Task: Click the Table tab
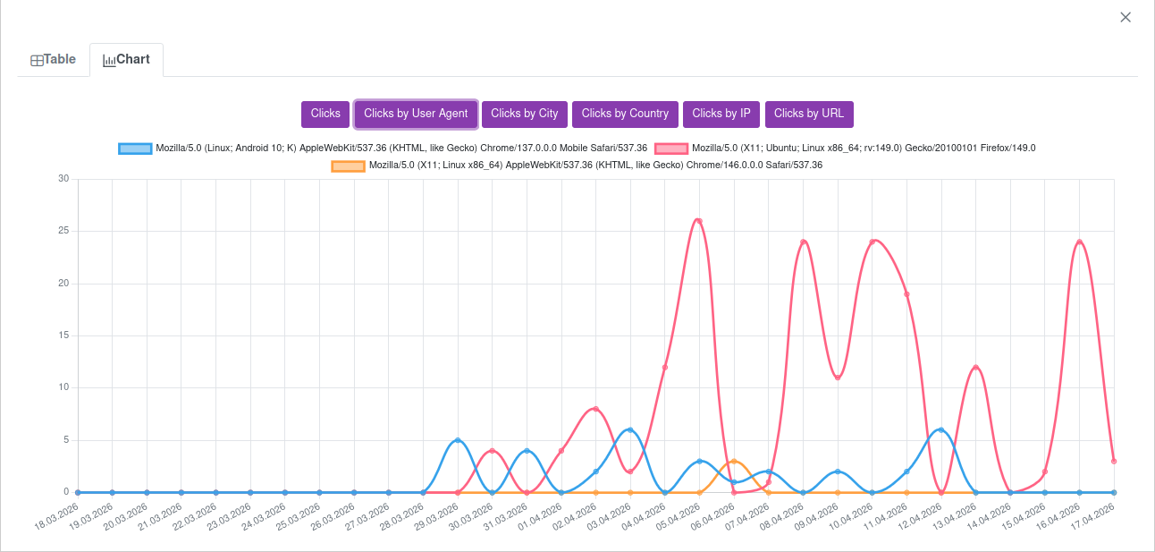[x=54, y=60]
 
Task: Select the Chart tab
[x=126, y=60]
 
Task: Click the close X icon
[x=1125, y=17]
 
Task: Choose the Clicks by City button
[x=524, y=114]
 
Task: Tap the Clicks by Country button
[x=625, y=114]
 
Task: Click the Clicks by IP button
[x=721, y=114]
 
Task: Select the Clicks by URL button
[x=809, y=114]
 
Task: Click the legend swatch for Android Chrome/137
[x=135, y=149]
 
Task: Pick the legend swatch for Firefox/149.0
[x=671, y=149]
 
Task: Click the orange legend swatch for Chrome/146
[x=348, y=166]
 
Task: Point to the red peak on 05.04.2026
[x=699, y=221]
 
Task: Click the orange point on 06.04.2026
[x=734, y=462]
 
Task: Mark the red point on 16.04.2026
[x=1079, y=242]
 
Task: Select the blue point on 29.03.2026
[x=458, y=440]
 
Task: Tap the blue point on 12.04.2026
[x=940, y=430]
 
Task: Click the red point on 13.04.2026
[x=975, y=368]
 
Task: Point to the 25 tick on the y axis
[x=63, y=231]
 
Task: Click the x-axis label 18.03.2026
[x=55, y=517]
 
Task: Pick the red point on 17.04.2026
[x=1114, y=461]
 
